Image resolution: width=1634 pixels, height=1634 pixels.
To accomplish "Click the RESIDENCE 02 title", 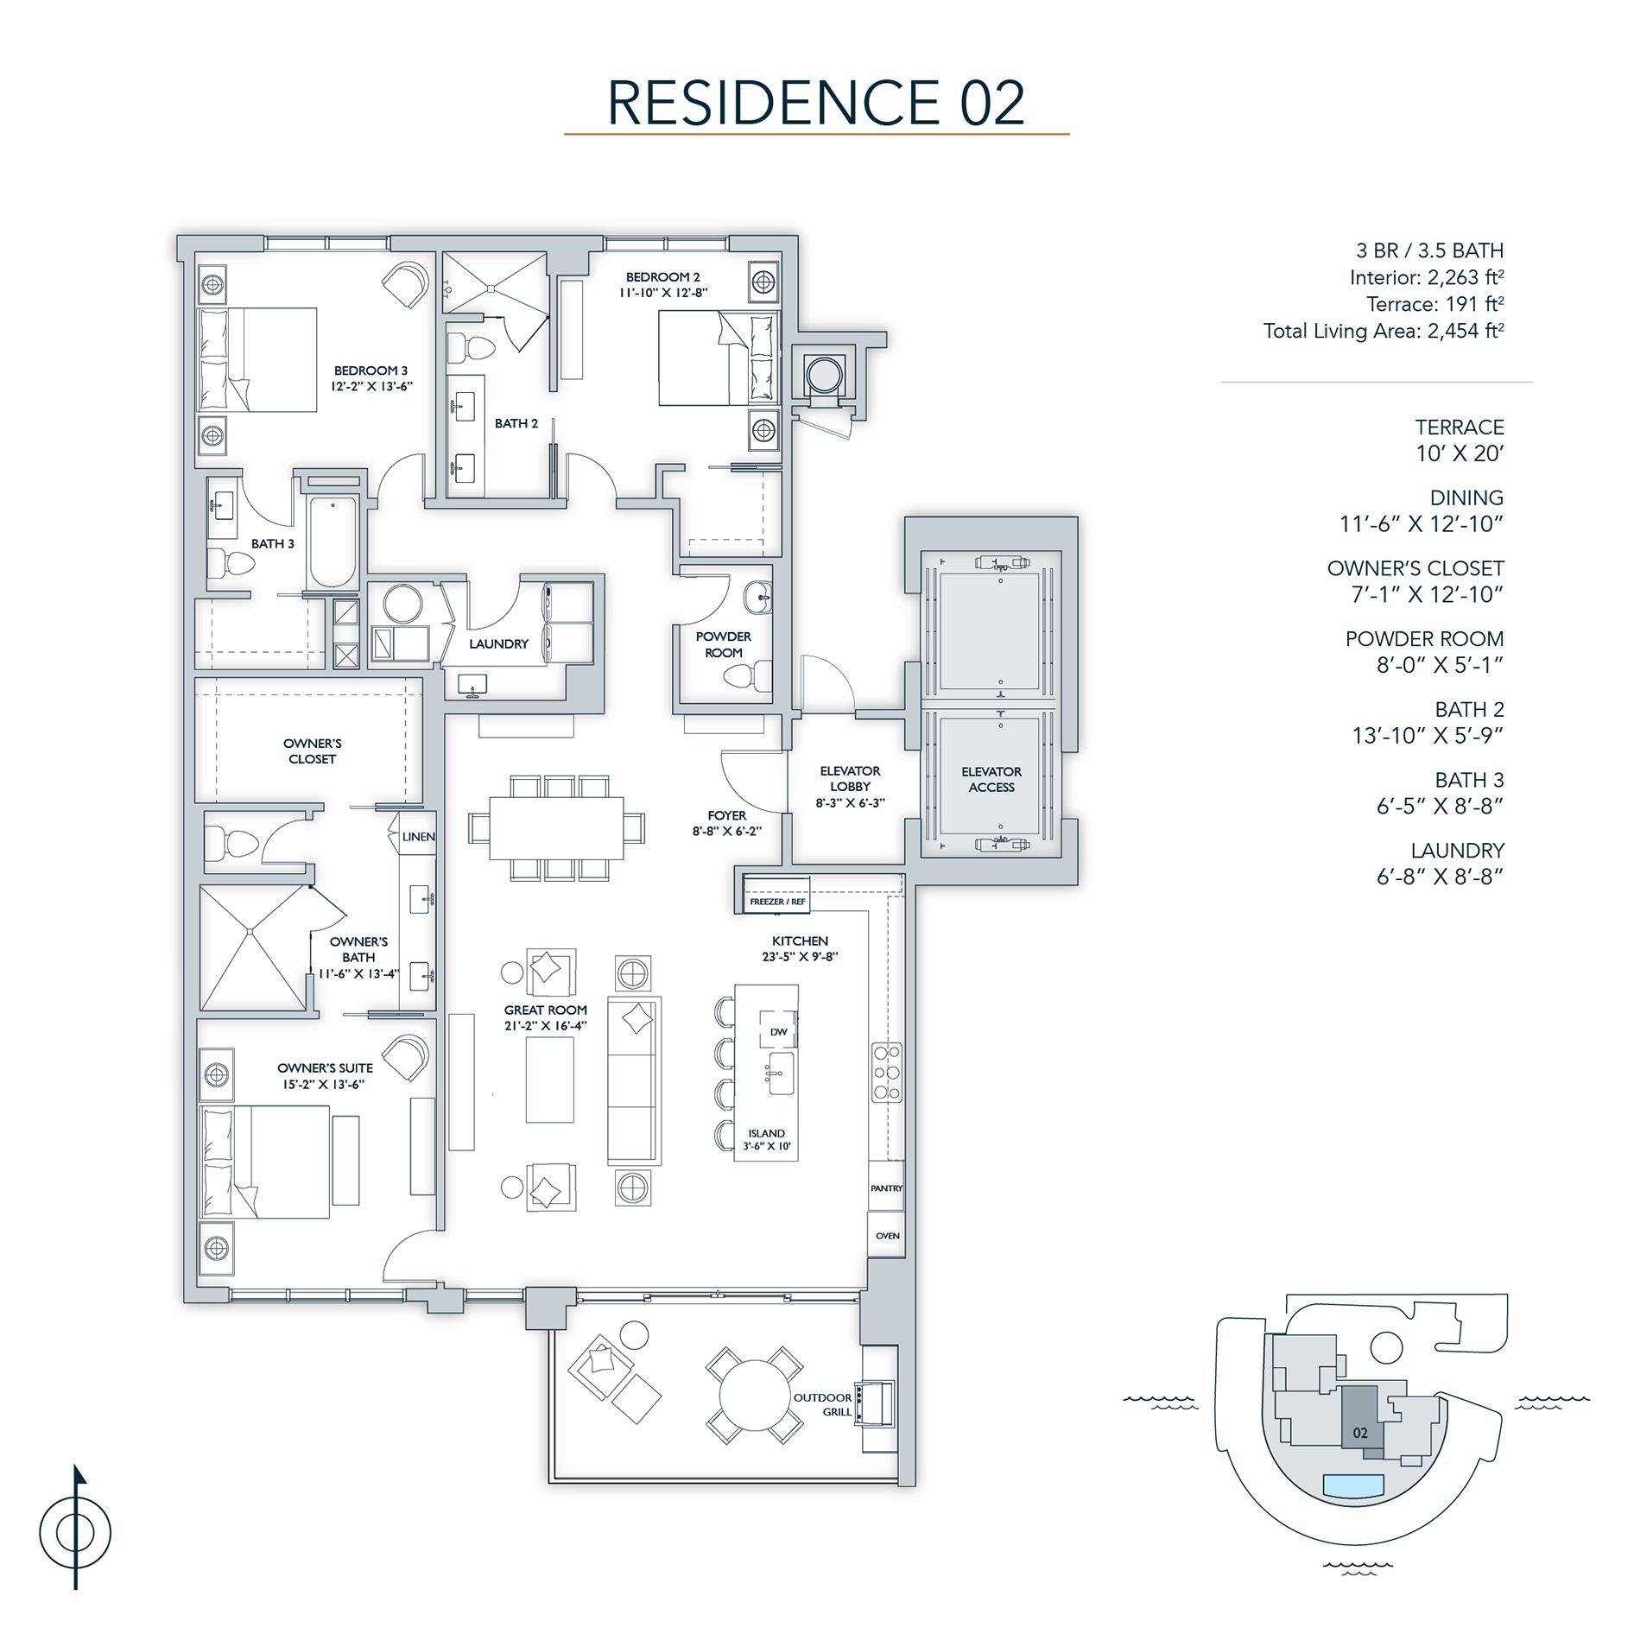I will [816, 103].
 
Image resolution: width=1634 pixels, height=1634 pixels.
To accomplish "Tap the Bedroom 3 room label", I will [370, 370].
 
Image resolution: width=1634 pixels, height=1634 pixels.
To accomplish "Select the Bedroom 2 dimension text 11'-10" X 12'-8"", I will [663, 293].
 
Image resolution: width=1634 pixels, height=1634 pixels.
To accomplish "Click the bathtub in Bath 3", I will [333, 542].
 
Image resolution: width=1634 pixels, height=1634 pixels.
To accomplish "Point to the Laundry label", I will [498, 643].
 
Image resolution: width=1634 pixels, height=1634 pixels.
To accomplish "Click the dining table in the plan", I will [557, 827].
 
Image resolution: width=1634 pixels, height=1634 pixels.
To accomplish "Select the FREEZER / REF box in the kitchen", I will [776, 901].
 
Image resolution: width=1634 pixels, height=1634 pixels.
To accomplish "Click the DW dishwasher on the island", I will [778, 1031].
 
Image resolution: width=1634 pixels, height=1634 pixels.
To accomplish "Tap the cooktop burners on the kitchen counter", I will [887, 1072].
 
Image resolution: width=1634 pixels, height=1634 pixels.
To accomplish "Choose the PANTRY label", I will [886, 1188].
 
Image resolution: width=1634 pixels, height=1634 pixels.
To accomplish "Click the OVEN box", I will [887, 1235].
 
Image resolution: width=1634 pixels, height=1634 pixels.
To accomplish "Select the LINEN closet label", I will [419, 836].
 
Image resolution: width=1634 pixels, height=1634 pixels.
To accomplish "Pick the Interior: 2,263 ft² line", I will [1426, 277].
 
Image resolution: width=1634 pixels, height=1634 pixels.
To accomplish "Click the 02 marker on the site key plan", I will [1360, 1433].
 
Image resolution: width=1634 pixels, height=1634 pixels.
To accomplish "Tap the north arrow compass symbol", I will [76, 1533].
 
